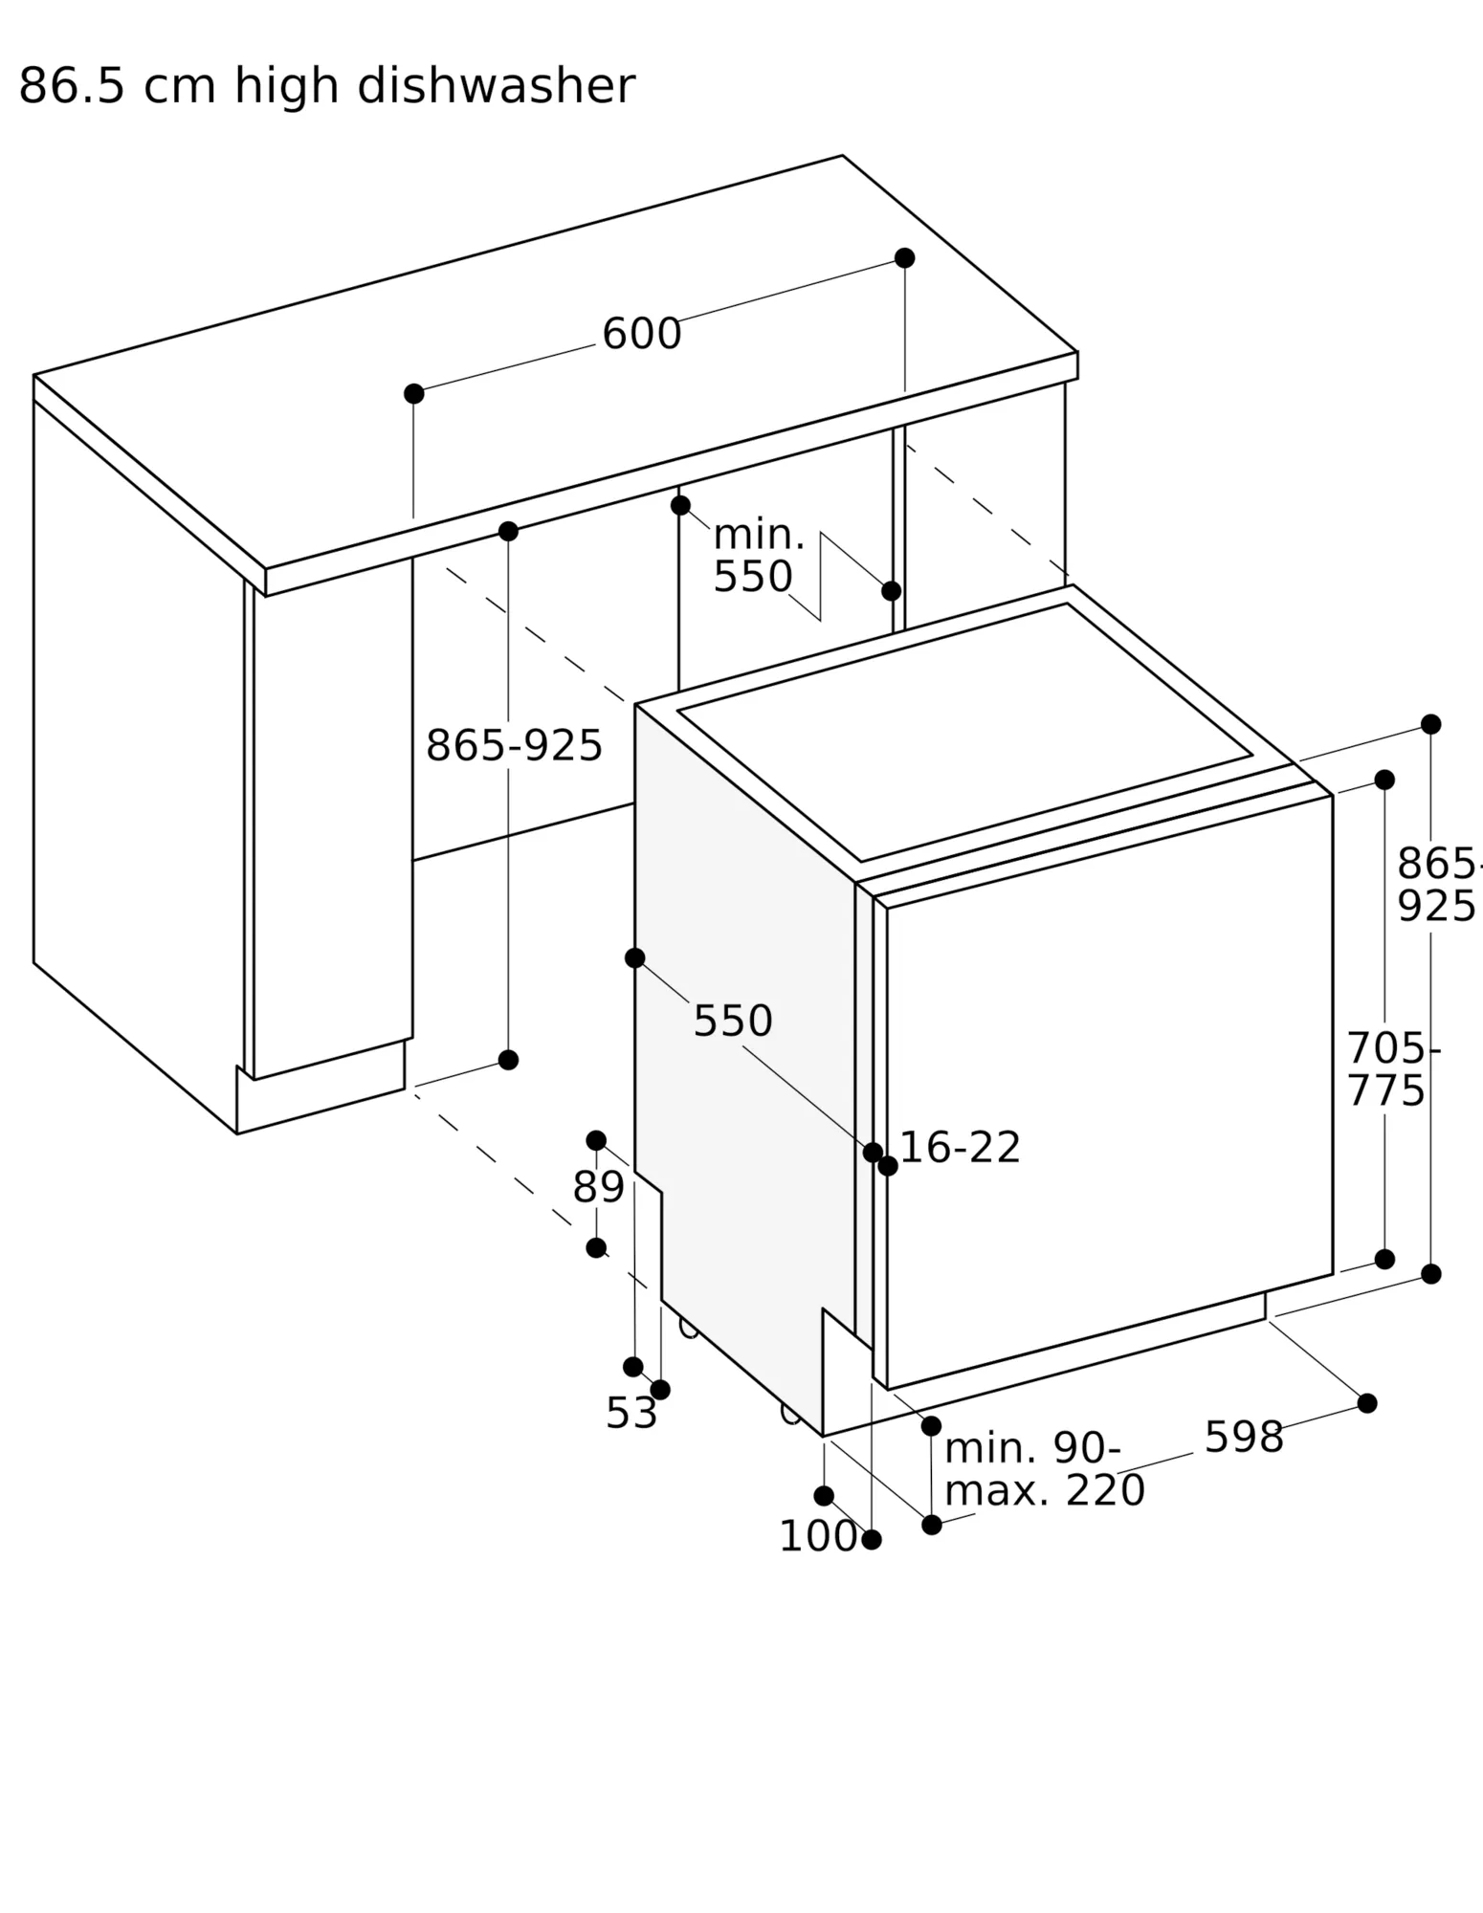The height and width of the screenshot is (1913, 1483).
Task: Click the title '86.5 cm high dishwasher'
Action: (326, 86)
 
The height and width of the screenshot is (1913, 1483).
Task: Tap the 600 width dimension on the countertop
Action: (641, 334)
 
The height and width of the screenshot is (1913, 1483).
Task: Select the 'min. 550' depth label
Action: (758, 556)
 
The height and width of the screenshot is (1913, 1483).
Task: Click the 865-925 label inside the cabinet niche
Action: (514, 745)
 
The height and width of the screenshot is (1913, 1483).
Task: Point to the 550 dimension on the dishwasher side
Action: (732, 1021)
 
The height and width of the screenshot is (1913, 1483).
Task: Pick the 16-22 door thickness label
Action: (960, 1147)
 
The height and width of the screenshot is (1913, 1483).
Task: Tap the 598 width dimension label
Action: (1243, 1437)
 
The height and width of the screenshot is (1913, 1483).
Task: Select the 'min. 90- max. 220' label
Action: (1044, 1469)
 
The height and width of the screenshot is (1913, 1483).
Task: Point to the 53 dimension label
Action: (631, 1413)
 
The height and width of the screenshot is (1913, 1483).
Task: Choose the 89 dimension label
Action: (598, 1187)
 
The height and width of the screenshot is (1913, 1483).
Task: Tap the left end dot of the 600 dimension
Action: (413, 393)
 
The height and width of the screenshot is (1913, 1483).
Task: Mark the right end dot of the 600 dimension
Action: (904, 258)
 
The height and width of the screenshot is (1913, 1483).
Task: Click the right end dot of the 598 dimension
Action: (1367, 1403)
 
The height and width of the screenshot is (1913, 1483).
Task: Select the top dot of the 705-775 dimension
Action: (1384, 780)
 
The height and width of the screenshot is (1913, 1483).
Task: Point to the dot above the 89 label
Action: (596, 1140)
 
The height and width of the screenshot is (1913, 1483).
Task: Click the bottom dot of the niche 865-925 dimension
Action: (508, 1060)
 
